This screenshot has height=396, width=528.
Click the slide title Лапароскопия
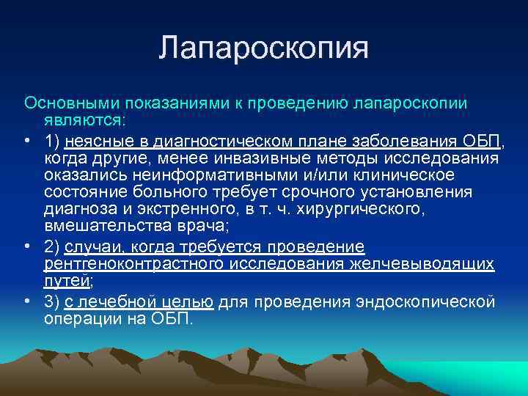pyautogui.click(x=264, y=49)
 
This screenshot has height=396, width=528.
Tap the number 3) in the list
pyautogui.click(x=52, y=302)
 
